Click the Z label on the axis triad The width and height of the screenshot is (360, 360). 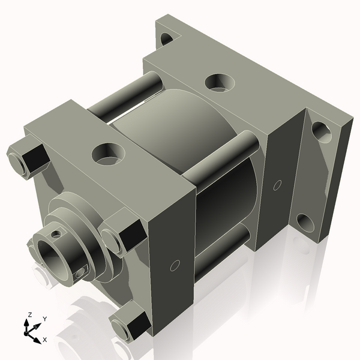point(30,314)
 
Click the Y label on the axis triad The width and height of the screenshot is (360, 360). point(44,319)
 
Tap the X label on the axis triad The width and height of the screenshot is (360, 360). point(44,340)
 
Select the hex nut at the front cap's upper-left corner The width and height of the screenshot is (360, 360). point(28,158)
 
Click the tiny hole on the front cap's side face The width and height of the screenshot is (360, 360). point(175,265)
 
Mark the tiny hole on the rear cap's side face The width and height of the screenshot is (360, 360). point(277,184)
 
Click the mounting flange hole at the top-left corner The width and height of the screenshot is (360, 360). point(167,40)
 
